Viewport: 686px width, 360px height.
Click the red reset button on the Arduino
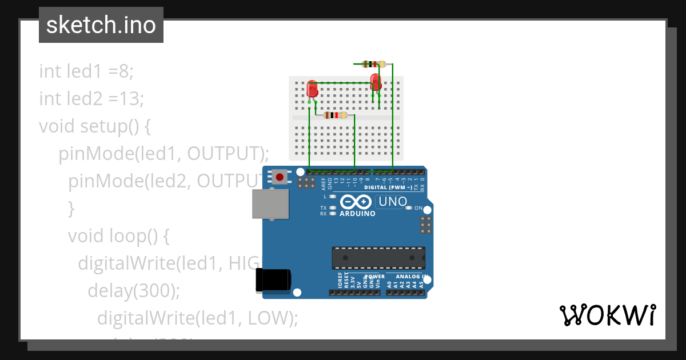tap(280, 177)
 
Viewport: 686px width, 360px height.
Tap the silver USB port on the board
tap(271, 204)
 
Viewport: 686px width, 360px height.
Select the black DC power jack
tap(273, 280)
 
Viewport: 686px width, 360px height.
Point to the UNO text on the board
tap(393, 202)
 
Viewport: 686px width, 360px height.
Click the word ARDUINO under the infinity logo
tap(357, 214)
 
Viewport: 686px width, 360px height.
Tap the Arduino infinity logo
tap(357, 202)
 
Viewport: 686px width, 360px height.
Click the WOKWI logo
tap(608, 315)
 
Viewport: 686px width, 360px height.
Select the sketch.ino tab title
tap(101, 25)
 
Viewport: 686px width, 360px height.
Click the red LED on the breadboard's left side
tap(312, 89)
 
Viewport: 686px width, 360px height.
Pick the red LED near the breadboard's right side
tap(376, 81)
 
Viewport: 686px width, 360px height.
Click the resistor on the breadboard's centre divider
tap(336, 115)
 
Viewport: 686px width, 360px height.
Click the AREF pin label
tap(324, 183)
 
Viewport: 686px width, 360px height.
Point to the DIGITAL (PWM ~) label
tap(388, 187)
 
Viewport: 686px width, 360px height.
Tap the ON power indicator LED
tap(408, 208)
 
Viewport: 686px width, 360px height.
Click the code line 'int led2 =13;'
tap(91, 99)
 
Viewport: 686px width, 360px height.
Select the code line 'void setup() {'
tap(95, 126)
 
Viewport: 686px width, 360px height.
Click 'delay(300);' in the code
tap(134, 290)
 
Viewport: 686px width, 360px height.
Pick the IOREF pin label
tap(340, 281)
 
